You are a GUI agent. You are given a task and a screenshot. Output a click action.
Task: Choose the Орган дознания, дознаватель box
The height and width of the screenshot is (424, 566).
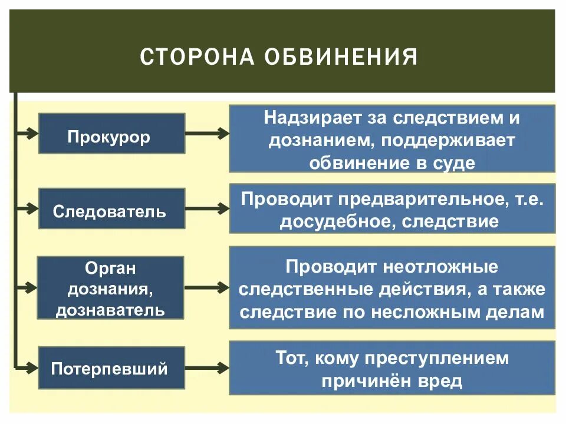(110, 288)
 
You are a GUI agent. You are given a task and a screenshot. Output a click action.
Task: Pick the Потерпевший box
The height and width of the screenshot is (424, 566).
(111, 368)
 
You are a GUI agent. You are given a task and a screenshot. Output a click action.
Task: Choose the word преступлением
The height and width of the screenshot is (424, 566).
(436, 357)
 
